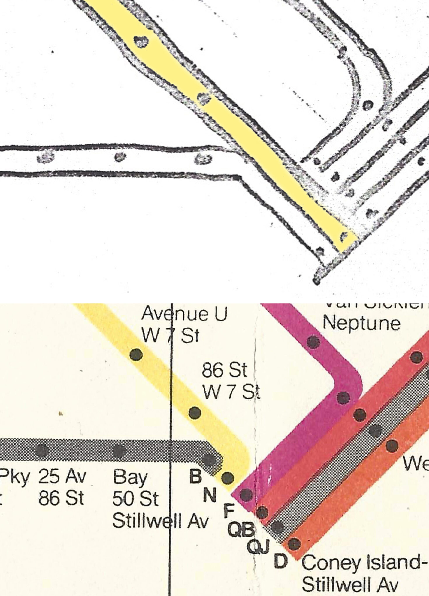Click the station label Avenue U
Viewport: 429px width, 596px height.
point(184,314)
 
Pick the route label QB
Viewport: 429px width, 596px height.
point(241,530)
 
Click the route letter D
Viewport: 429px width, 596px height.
point(281,561)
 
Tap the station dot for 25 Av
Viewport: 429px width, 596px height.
point(42,450)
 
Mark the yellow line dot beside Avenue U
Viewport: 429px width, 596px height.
point(136,355)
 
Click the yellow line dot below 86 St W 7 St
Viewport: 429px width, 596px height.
point(195,413)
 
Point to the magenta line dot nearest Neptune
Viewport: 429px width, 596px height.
point(313,342)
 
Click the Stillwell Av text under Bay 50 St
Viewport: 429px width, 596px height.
point(160,521)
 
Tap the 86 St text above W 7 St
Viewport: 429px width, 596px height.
point(224,371)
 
